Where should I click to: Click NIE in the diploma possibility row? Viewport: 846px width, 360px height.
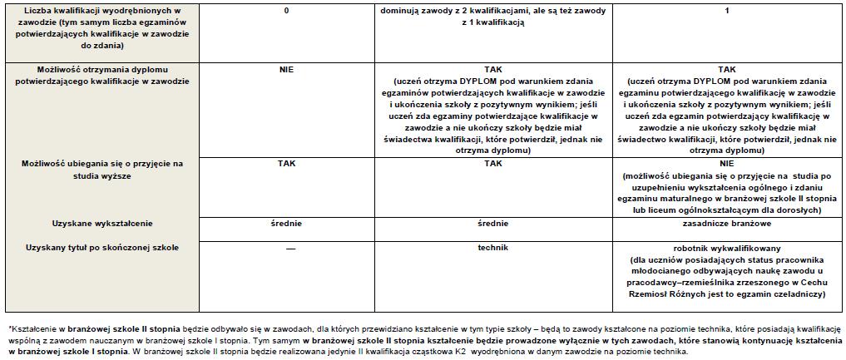point(286,70)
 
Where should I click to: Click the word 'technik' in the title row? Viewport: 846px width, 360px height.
point(492,248)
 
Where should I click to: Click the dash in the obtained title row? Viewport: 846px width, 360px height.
point(286,249)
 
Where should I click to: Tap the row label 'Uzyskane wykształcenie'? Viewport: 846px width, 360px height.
point(101,224)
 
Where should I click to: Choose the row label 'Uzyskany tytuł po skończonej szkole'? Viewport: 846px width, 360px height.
point(101,248)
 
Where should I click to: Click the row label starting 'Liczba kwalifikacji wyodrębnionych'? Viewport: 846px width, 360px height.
point(101,10)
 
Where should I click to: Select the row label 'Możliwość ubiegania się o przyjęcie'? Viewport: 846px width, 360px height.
point(101,164)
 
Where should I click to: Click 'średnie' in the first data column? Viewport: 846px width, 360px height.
point(286,224)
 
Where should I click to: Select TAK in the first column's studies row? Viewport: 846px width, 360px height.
point(286,164)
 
